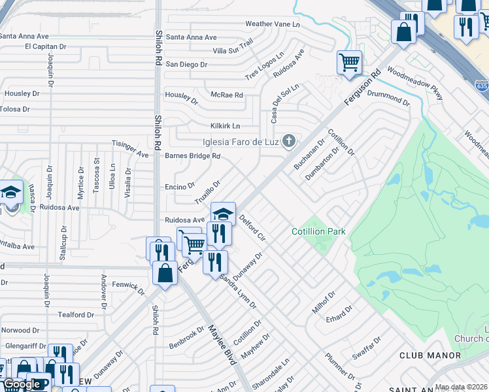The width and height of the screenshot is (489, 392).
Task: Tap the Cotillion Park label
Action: tap(318, 232)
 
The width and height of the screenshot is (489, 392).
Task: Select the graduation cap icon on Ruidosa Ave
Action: tap(223, 214)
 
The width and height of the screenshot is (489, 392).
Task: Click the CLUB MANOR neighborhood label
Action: tap(430, 355)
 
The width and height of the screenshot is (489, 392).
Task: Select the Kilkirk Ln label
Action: tap(225, 125)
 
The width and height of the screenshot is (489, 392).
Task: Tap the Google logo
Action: tap(22, 385)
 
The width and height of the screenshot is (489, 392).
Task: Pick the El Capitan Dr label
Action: tap(46, 47)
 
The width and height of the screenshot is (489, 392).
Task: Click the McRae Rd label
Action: tap(227, 95)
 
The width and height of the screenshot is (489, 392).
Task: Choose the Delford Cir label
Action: tap(252, 229)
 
